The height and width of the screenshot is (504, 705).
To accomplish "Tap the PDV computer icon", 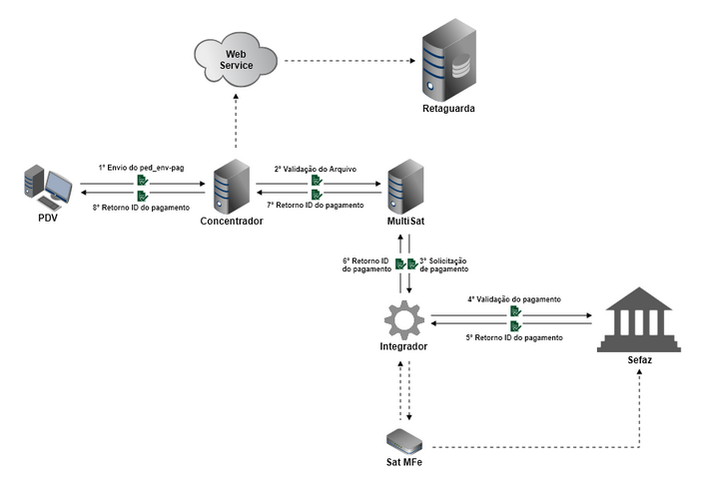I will [x=47, y=188].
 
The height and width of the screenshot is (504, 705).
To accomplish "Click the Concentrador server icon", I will [x=231, y=184].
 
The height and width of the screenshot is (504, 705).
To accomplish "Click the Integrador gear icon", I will [x=404, y=320].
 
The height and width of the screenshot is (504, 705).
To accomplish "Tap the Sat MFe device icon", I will [x=404, y=440].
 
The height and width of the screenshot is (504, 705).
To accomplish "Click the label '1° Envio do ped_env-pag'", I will [x=142, y=168].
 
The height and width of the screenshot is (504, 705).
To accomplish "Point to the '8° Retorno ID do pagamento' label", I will [x=141, y=207].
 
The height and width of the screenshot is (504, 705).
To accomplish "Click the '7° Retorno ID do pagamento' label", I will [x=316, y=205].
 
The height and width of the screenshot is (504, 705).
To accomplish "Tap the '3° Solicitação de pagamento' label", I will [x=443, y=264].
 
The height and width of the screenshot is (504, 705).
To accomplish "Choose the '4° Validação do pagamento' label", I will [x=513, y=298].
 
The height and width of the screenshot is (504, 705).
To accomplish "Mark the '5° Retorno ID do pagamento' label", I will [x=513, y=338].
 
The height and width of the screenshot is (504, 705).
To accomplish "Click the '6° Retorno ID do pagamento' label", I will [x=365, y=264].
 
